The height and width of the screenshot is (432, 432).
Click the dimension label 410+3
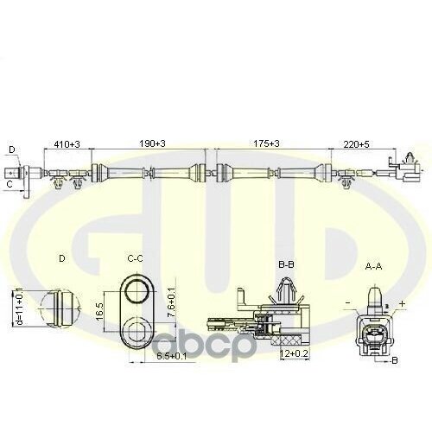coord(67,144)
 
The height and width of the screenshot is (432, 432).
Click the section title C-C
coord(136,257)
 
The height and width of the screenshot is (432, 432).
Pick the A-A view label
coord(374,267)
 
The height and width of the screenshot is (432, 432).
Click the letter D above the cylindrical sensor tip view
coord(61,257)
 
